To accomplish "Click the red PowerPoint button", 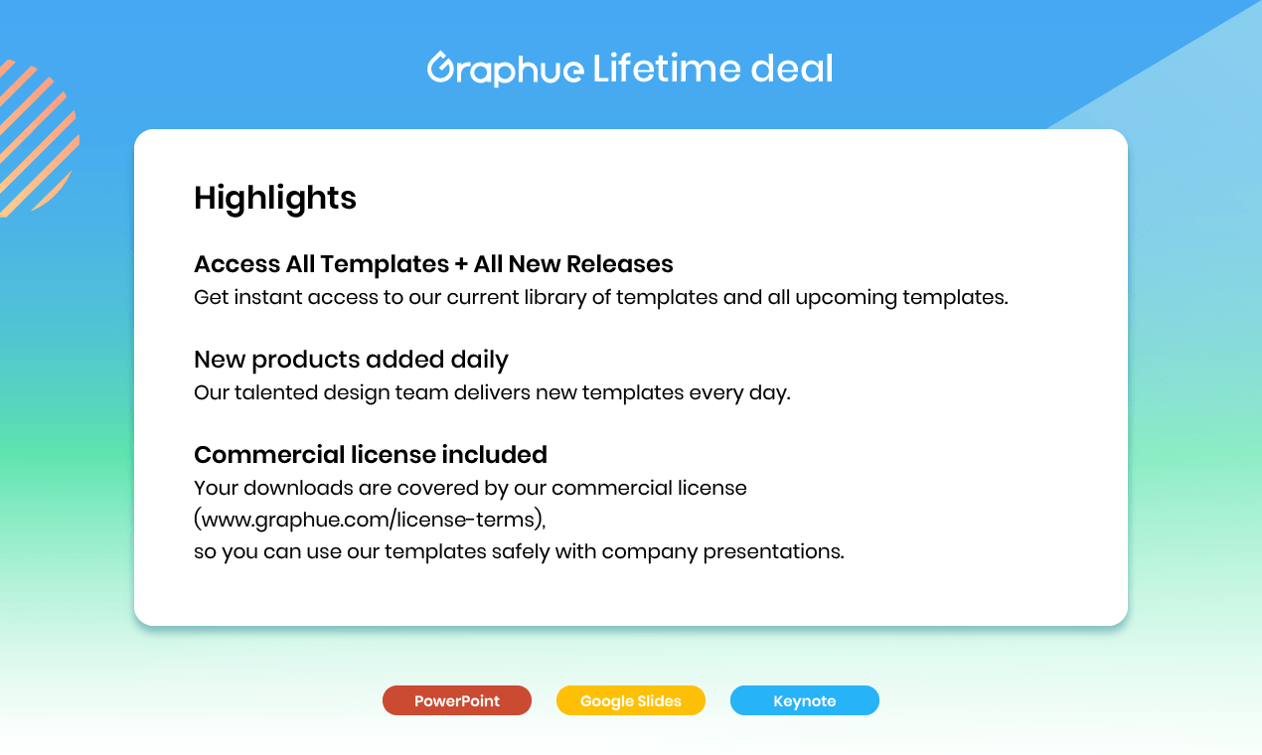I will pos(457,700).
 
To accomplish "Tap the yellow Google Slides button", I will pos(631,700).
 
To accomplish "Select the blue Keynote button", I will pos(805,700).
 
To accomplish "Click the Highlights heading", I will pos(275,198).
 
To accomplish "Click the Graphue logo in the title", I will pos(505,70).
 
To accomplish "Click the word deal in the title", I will pos(792,69).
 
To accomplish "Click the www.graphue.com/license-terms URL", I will pos(370,520).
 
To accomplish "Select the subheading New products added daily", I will pos(351,359).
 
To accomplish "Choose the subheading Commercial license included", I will pos(371,454).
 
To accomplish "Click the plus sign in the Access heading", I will pos(460,264).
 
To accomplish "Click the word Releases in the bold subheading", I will pos(620,264).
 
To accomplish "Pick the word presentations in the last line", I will pos(773,551).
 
